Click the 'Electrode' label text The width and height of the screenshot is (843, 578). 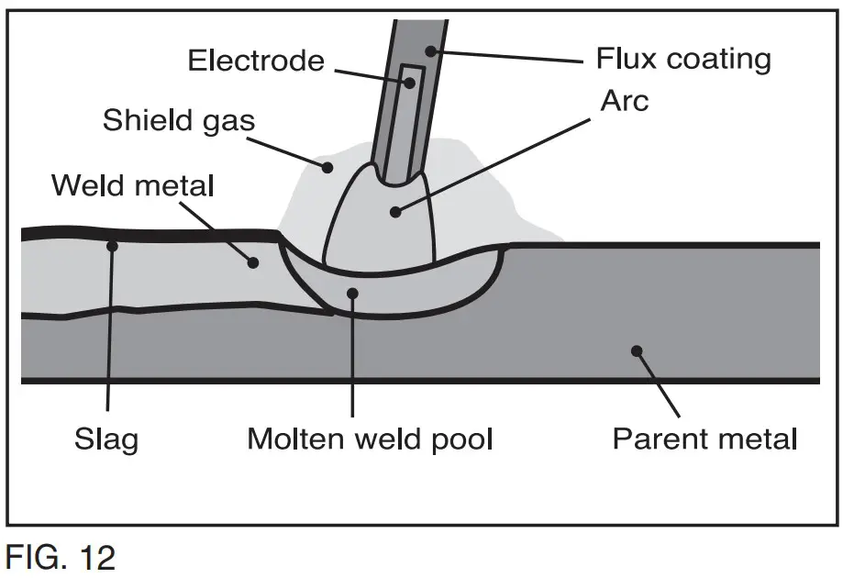256,61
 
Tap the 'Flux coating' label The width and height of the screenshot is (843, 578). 683,59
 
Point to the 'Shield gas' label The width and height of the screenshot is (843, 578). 179,120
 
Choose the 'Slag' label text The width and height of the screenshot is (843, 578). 106,439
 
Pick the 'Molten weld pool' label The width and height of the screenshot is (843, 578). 370,439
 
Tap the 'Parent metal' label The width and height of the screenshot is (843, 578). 704,439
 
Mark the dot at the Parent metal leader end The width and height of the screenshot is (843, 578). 637,350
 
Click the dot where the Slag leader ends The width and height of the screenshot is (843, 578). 111,245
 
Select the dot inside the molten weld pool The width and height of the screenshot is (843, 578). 352,292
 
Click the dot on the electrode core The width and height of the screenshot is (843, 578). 409,83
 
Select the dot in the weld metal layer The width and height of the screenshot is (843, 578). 254,261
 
